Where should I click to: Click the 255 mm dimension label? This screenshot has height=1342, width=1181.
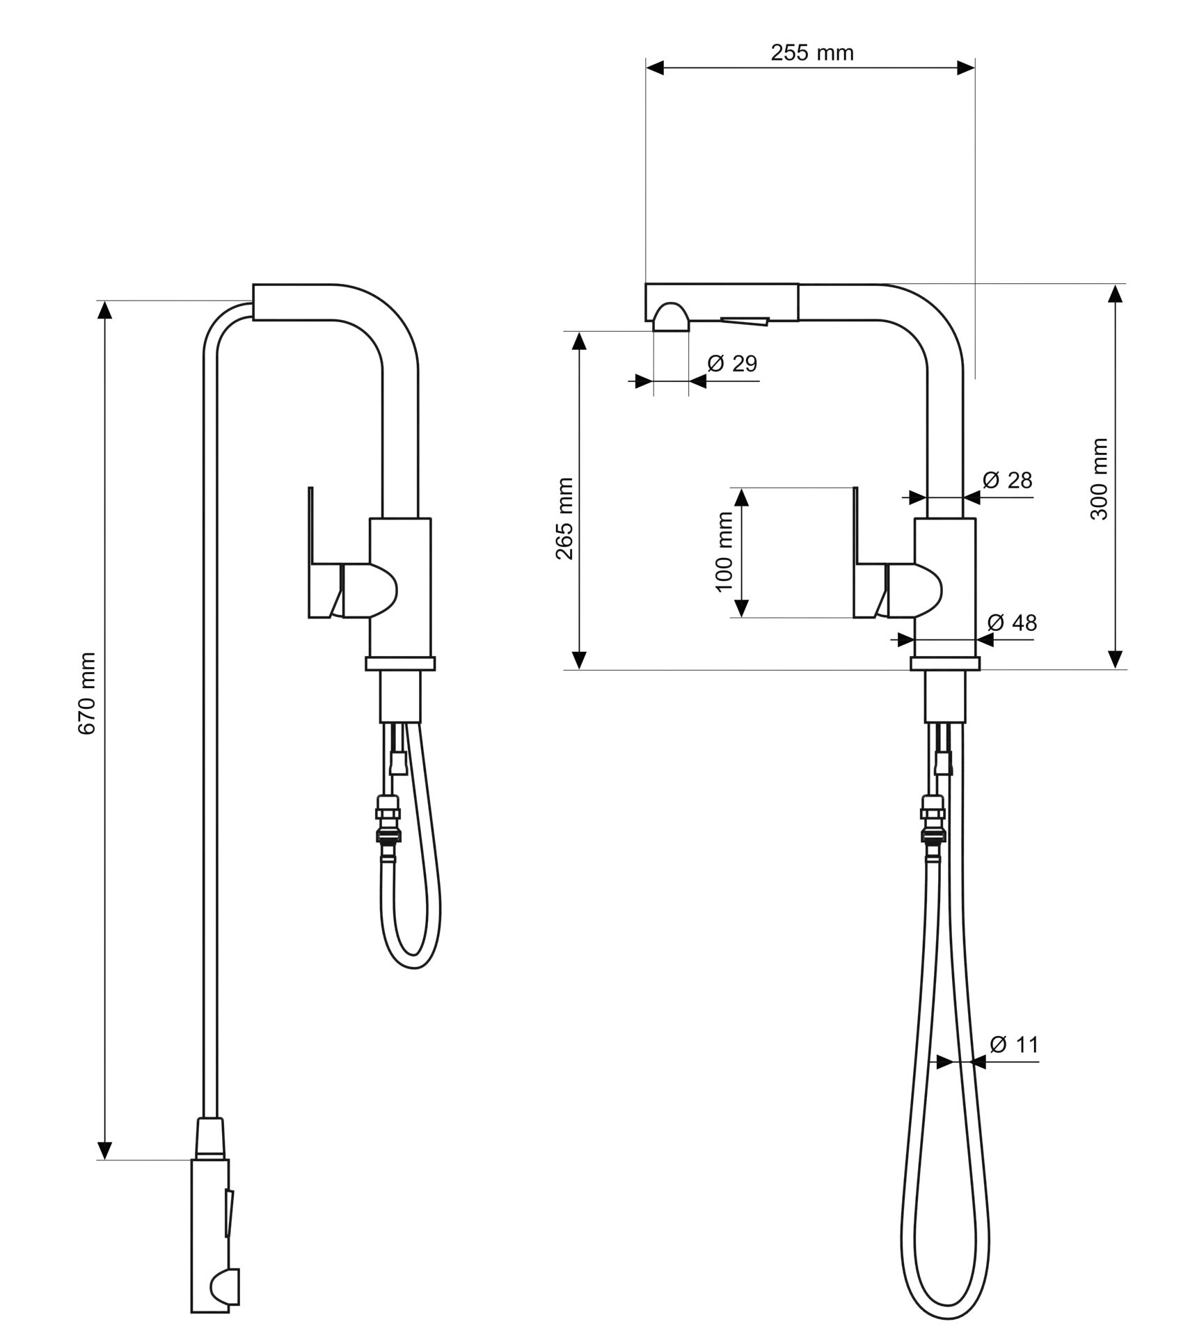coord(811,53)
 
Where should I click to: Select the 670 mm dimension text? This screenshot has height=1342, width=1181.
coord(87,694)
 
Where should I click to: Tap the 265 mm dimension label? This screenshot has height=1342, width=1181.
coord(564,519)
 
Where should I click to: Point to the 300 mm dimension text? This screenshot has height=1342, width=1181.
coord(1099,479)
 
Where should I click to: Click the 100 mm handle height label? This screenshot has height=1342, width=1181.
coord(724,552)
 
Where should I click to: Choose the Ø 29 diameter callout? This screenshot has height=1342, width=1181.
coord(732,363)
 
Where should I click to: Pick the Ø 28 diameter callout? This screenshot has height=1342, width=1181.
coord(1007,480)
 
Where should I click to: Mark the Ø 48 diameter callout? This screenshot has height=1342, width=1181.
coord(1012,623)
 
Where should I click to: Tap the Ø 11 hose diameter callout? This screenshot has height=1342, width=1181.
coord(1013,1064)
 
